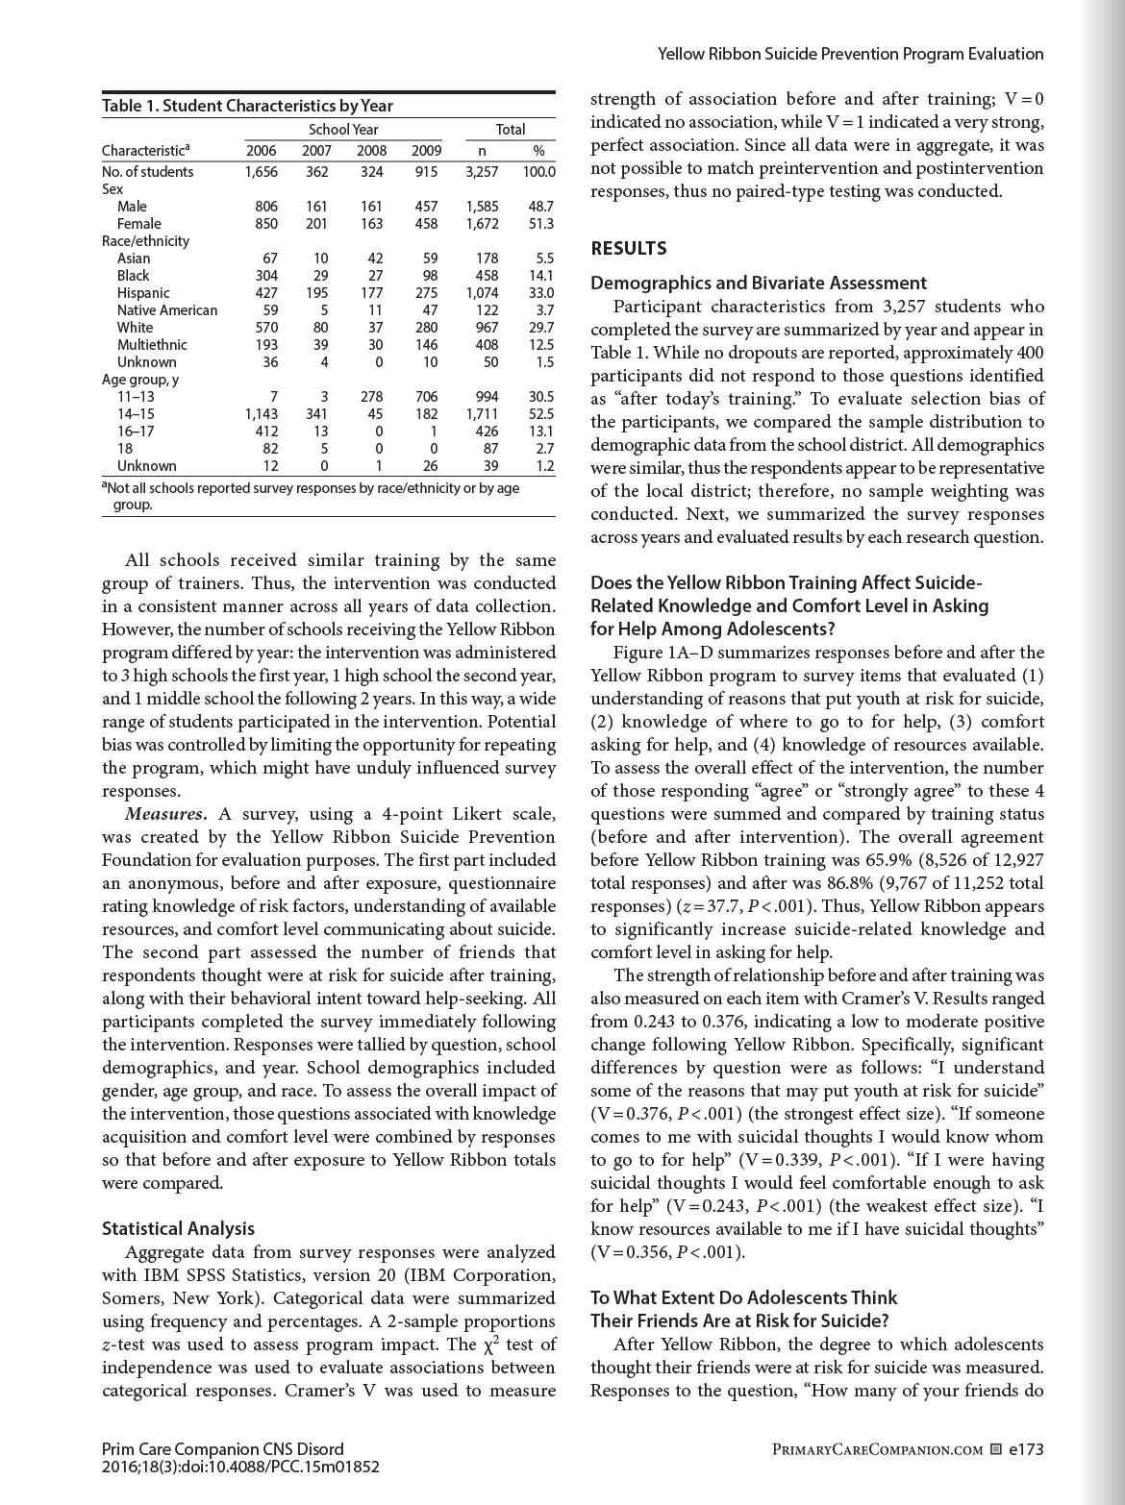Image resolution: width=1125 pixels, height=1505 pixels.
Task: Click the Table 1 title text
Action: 247,106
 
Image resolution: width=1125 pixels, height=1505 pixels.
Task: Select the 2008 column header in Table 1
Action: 372,150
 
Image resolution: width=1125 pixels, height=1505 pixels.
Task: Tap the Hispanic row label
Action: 143,293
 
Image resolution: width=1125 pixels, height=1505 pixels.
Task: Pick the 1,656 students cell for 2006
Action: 261,172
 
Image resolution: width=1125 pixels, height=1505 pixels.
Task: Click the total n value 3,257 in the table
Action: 481,172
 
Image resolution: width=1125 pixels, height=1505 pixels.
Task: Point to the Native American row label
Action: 167,310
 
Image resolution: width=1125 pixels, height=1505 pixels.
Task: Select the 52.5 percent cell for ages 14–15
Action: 542,414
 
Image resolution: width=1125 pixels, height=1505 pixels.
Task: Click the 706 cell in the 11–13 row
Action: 425,397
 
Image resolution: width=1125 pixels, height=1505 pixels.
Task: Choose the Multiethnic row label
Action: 152,345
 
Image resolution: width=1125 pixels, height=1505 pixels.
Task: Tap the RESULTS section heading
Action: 628,249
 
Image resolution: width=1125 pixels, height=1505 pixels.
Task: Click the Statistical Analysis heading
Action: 178,1228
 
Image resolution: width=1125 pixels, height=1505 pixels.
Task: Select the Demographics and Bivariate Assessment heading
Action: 759,284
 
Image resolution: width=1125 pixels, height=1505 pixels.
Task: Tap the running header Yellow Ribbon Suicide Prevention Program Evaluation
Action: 850,54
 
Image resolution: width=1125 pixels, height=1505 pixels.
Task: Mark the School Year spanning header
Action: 343,129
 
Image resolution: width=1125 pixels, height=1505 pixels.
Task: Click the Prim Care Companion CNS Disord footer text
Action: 222,1449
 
